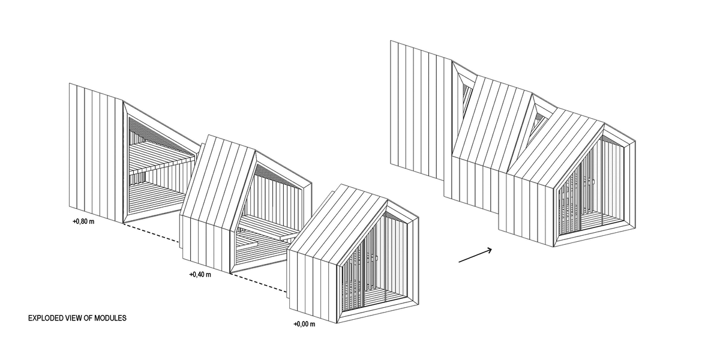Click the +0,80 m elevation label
click(83, 221)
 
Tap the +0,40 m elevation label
click(200, 275)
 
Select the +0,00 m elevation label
click(304, 324)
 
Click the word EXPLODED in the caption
click(46, 318)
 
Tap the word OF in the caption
click(88, 318)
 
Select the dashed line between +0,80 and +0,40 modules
click(151, 232)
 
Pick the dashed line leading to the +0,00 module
click(259, 283)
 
